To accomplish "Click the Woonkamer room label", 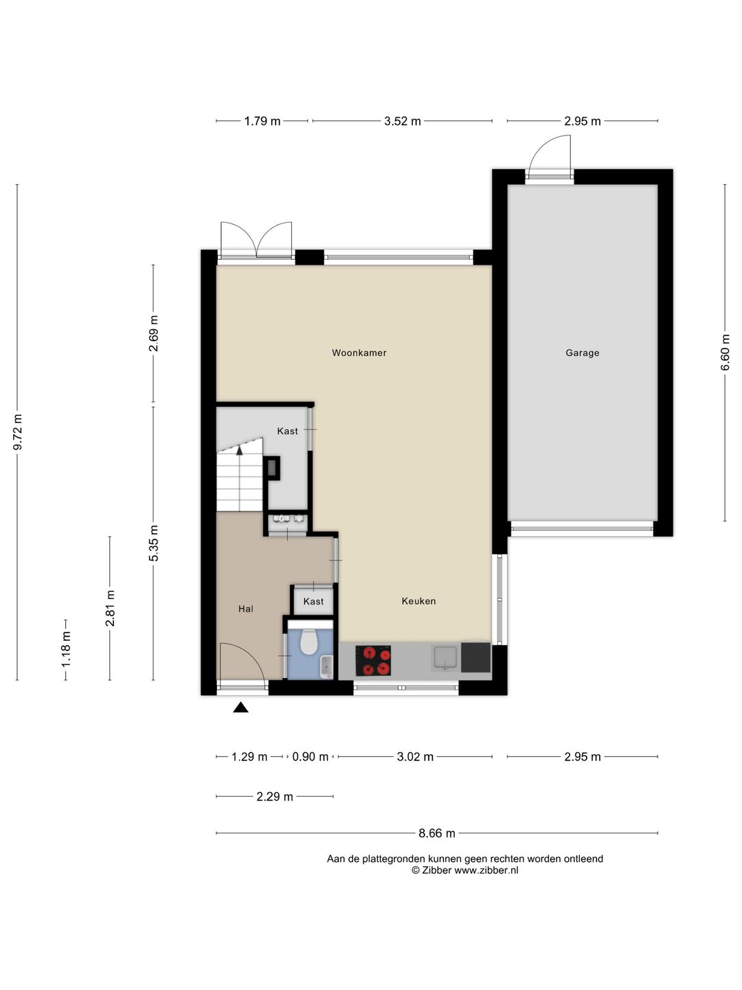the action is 359,353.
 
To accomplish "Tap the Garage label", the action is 582,353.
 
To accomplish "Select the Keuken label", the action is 418,601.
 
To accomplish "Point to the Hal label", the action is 245,609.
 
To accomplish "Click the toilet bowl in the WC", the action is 308,641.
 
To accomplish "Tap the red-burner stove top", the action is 373,661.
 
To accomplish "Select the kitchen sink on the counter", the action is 445,658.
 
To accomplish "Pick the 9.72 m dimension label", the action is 18,432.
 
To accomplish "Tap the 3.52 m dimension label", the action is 403,121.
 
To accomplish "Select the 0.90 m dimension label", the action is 310,756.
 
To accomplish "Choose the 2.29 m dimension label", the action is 274,797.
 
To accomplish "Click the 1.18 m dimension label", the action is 66,650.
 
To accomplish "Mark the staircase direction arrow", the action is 240,450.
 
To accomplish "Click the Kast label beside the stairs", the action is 287,431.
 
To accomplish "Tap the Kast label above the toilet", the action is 313,601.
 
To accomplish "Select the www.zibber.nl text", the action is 486,870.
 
